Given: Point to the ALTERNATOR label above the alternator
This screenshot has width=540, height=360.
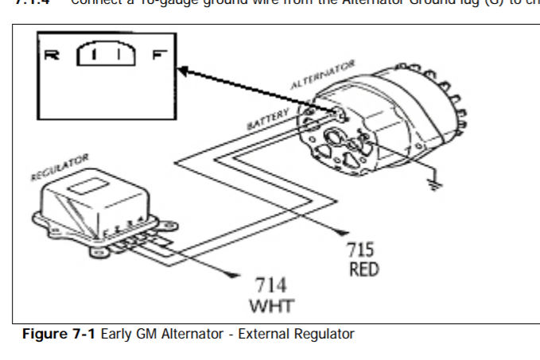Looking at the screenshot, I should tap(323, 74).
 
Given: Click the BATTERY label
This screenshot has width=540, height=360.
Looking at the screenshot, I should tap(266, 120).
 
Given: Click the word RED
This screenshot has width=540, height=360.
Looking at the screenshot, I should tap(363, 269).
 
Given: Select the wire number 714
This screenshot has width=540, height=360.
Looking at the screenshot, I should tap(270, 286).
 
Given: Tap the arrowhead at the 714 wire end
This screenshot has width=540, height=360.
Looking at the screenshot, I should tap(232, 276).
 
